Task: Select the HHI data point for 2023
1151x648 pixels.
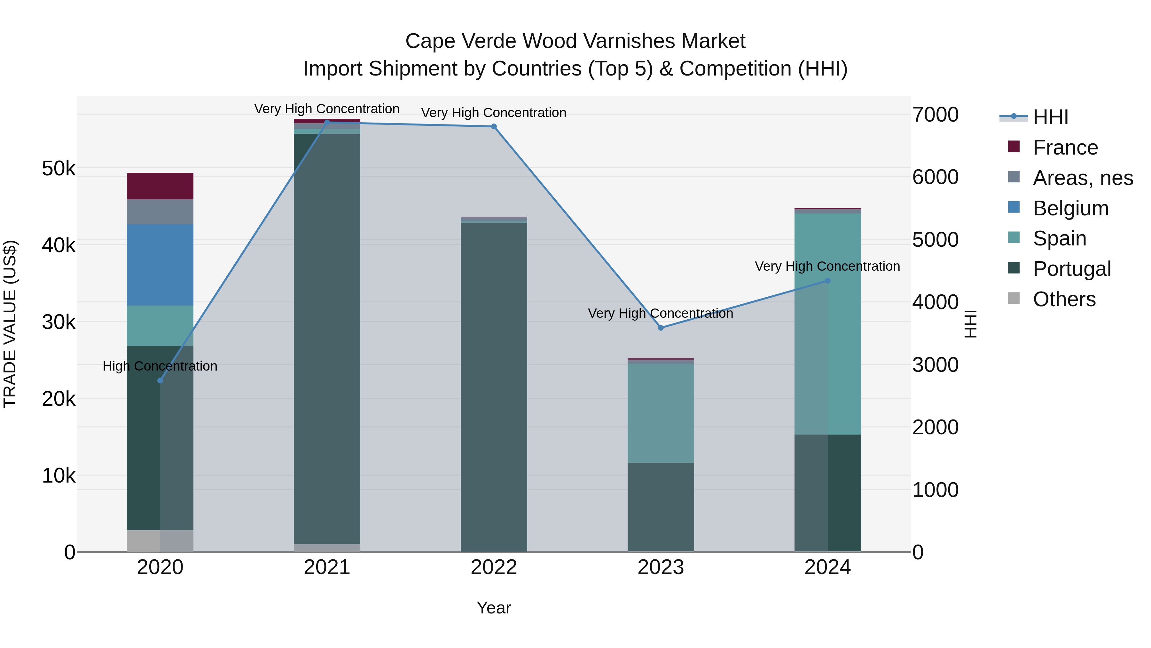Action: click(x=661, y=328)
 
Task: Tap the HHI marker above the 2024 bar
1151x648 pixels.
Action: click(x=827, y=281)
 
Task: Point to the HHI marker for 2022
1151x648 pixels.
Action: click(x=494, y=126)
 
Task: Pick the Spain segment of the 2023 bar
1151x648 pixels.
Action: click(x=661, y=413)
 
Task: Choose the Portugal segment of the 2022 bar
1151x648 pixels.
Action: click(x=494, y=387)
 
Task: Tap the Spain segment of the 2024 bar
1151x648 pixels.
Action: click(x=827, y=324)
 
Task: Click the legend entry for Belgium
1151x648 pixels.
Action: click(x=1070, y=208)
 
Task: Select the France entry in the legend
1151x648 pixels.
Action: click(x=1065, y=148)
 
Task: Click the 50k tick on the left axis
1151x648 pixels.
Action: click(x=59, y=169)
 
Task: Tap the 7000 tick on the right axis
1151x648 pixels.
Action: click(x=935, y=115)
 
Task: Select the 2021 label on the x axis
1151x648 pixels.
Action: click(x=327, y=567)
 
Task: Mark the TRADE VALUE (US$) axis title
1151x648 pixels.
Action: click(x=10, y=324)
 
